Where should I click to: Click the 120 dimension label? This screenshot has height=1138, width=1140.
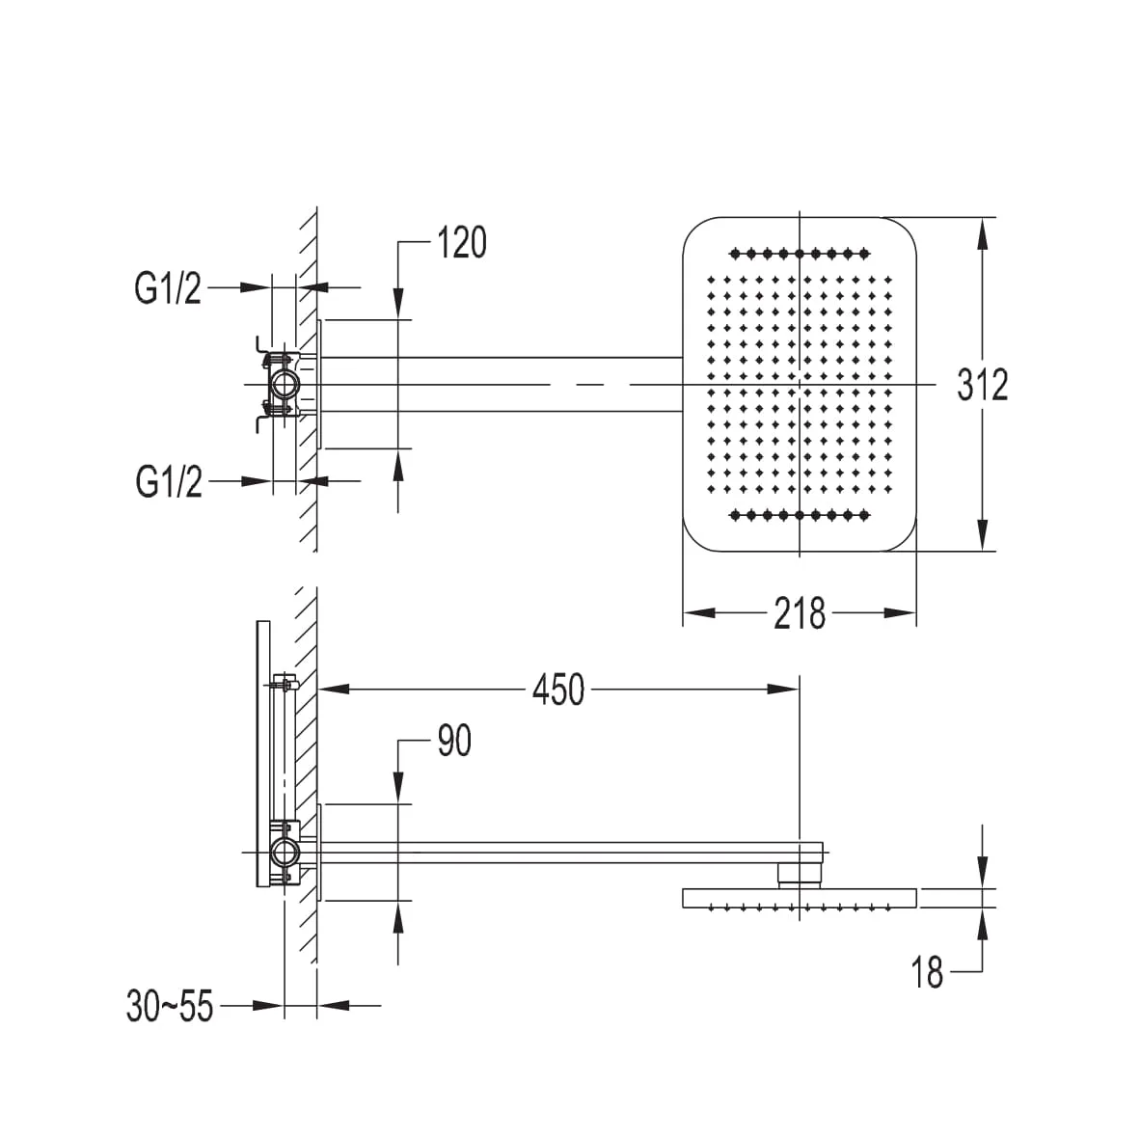(x=462, y=243)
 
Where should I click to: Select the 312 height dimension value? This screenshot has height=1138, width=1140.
(x=982, y=385)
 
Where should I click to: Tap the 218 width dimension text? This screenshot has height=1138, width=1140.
(x=799, y=613)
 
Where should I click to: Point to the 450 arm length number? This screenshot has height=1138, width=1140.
(x=557, y=690)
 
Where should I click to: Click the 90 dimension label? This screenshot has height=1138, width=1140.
(x=454, y=741)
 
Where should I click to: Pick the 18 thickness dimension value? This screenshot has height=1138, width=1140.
(x=927, y=972)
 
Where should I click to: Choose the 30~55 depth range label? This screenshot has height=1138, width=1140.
(x=170, y=1007)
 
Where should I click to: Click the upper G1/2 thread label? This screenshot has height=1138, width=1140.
(x=168, y=287)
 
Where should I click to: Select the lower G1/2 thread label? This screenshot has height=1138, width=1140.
(x=169, y=481)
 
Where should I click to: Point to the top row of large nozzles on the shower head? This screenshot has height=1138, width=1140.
(x=800, y=254)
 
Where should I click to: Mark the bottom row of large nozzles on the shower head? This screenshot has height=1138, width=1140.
(x=800, y=516)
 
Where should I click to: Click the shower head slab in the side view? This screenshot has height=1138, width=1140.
(x=800, y=898)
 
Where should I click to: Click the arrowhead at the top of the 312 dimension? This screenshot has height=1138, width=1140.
(x=982, y=232)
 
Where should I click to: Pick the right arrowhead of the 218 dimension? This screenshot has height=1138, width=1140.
(x=900, y=613)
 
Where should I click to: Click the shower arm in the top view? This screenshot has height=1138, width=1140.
(x=502, y=385)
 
